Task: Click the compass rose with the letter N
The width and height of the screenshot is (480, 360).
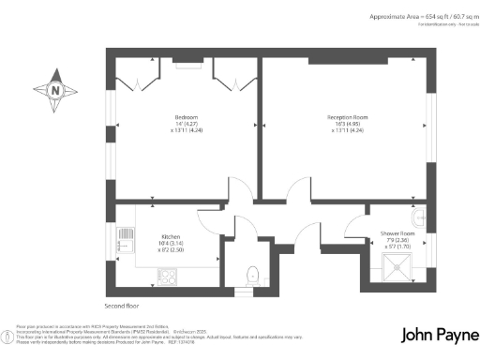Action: pos(55,91)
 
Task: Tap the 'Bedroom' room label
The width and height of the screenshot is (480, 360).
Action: pos(187,117)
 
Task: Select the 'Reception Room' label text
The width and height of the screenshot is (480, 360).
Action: pos(346,117)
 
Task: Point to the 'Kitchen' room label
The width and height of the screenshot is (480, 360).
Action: pos(171,236)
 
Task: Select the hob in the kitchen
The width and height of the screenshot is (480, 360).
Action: pos(169,276)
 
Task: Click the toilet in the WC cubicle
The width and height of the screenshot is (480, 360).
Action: pos(250,275)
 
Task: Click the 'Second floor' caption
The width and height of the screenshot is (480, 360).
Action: pos(124,306)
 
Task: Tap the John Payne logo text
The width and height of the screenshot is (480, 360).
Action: pos(437,335)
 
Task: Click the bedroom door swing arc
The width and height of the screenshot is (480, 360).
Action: pos(241,187)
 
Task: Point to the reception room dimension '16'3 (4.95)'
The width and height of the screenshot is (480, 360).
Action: pos(346,124)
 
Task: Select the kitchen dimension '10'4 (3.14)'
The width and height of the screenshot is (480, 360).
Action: pos(171,244)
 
